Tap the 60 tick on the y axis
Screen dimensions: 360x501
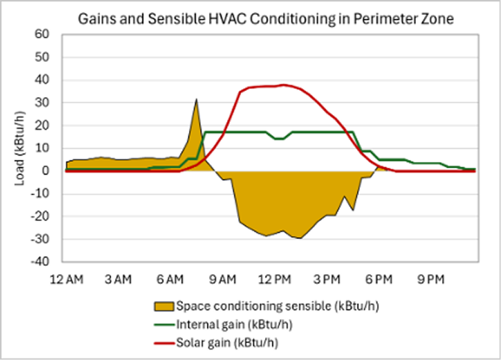44,34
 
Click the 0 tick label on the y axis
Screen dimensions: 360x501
47,171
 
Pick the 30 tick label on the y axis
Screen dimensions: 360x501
44,102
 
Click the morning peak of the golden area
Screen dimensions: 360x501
196,99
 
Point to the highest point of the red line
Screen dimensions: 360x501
284,84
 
